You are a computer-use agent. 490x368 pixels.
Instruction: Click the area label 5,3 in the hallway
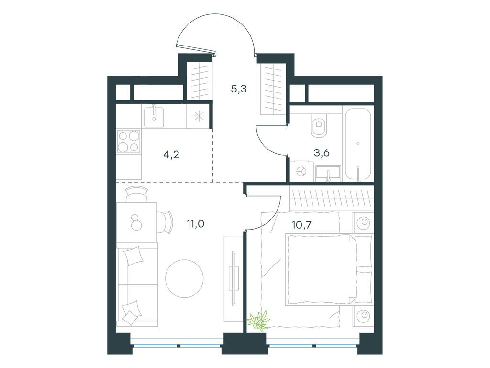(x=239, y=89)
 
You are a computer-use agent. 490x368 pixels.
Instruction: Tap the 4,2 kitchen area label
(x=171, y=154)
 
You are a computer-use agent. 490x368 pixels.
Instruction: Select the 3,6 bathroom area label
(x=322, y=153)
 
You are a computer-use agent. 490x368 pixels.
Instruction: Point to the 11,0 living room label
(x=195, y=224)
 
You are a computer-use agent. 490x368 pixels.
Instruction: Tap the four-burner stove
(x=128, y=142)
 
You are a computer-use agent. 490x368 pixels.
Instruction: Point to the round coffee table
(x=184, y=278)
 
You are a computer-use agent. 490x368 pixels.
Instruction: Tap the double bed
(x=328, y=269)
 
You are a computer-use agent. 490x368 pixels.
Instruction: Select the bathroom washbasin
(x=328, y=174)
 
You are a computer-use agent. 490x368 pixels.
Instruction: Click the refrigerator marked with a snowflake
(x=198, y=116)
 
